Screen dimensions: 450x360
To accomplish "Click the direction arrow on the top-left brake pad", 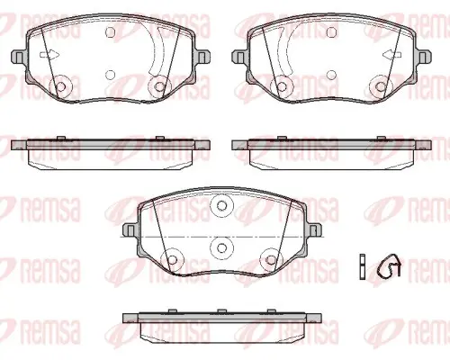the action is (x=49, y=55).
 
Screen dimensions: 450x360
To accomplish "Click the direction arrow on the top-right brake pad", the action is (x=392, y=55).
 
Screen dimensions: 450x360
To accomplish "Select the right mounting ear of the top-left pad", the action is (x=202, y=56).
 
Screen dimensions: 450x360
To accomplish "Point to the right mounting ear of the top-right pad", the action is (x=424, y=56).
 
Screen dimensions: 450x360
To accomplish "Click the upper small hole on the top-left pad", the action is (x=111, y=32).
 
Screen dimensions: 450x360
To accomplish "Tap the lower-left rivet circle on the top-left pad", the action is (x=61, y=86).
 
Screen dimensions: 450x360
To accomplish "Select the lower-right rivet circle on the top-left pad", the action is (x=159, y=86).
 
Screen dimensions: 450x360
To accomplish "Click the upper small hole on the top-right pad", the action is (x=331, y=32).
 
